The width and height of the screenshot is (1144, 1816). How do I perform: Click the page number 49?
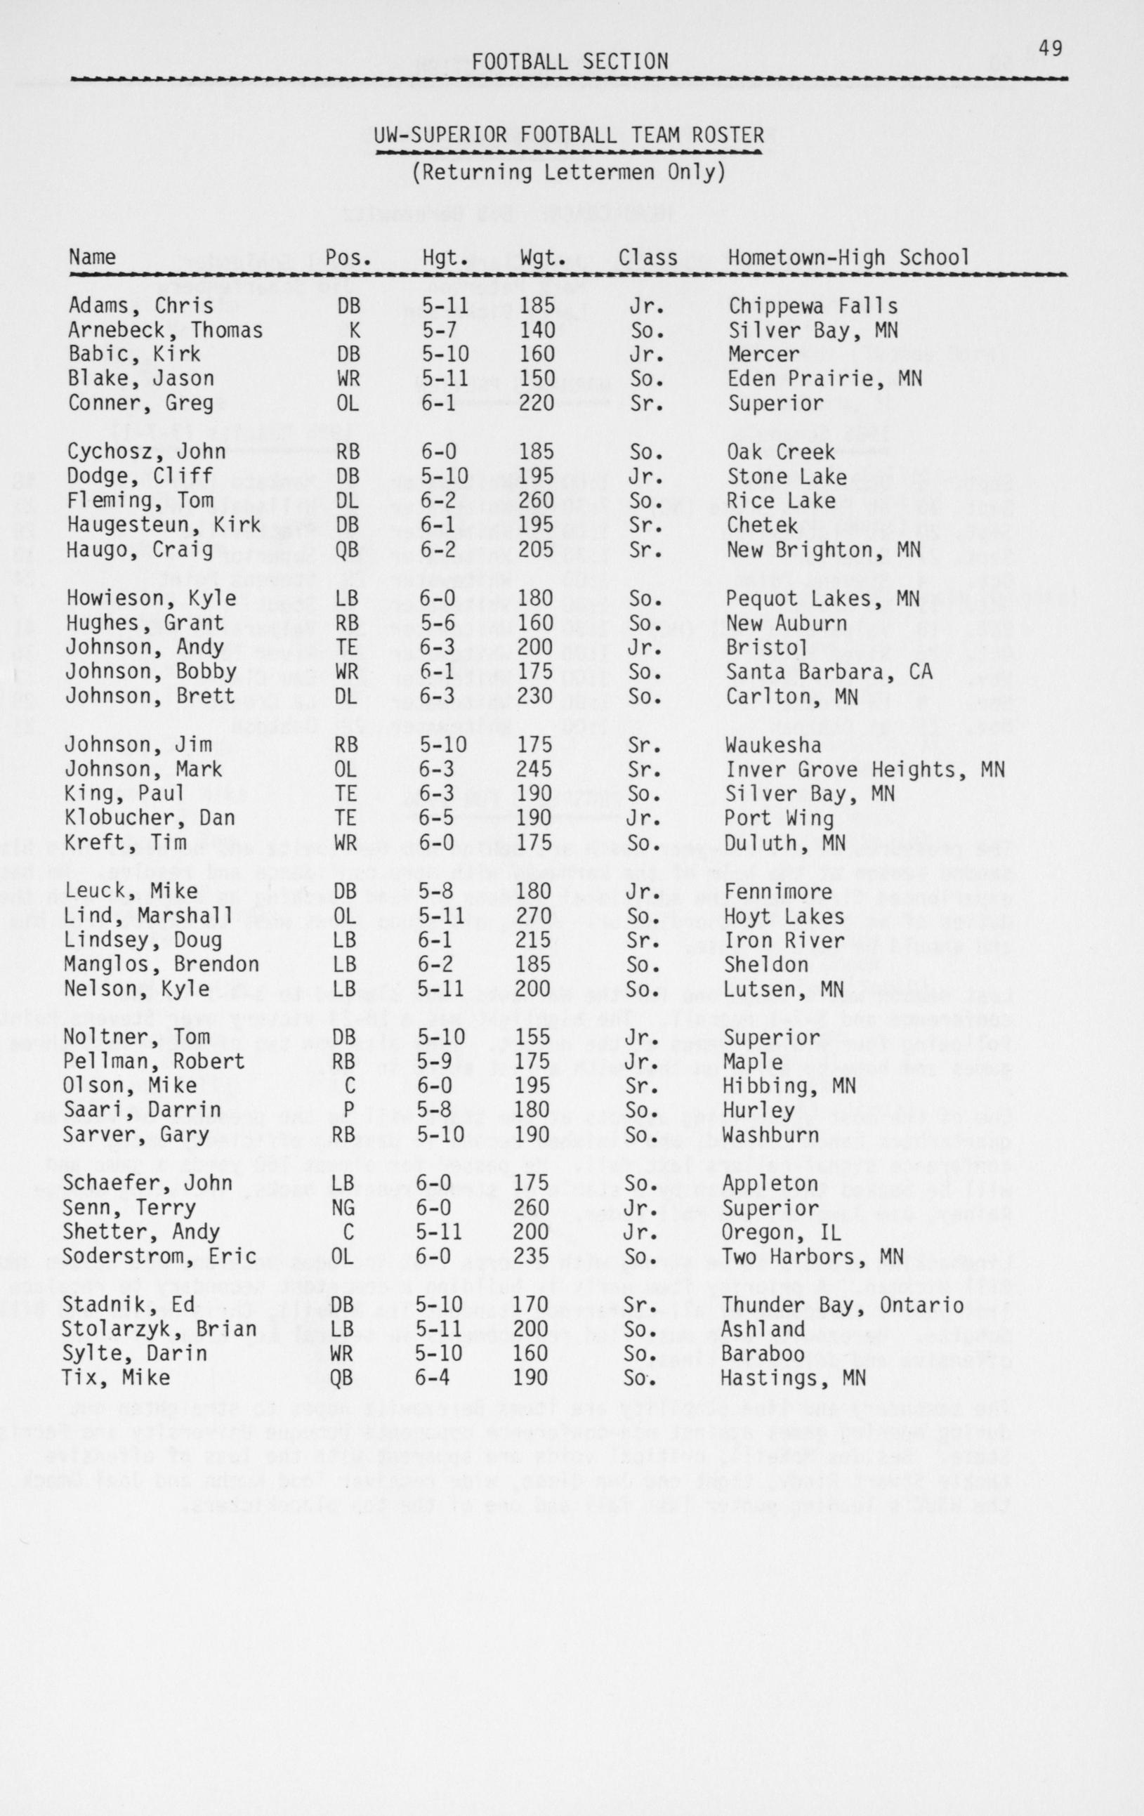[x=1050, y=49]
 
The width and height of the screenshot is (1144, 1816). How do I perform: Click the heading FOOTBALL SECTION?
[x=570, y=62]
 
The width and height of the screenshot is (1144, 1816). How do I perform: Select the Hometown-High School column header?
[x=848, y=258]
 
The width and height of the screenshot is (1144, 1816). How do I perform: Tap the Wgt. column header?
[x=543, y=258]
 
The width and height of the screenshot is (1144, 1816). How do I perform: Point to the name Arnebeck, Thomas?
[x=165, y=330]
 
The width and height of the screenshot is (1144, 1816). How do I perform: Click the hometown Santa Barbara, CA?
[x=829, y=671]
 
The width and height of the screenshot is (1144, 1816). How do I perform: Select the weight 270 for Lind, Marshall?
[x=534, y=916]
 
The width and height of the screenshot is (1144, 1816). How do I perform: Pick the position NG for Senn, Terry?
[x=345, y=1208]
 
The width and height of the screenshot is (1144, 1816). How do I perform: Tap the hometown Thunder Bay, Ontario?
[x=842, y=1305]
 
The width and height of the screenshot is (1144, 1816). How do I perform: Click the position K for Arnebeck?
[x=354, y=330]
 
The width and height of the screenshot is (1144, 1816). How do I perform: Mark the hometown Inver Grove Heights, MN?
[x=865, y=770]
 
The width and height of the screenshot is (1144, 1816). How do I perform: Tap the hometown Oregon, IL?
[x=781, y=1232]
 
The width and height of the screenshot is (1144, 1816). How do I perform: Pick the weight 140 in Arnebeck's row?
[x=537, y=330]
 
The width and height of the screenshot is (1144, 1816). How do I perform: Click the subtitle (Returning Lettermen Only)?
[x=569, y=173]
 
